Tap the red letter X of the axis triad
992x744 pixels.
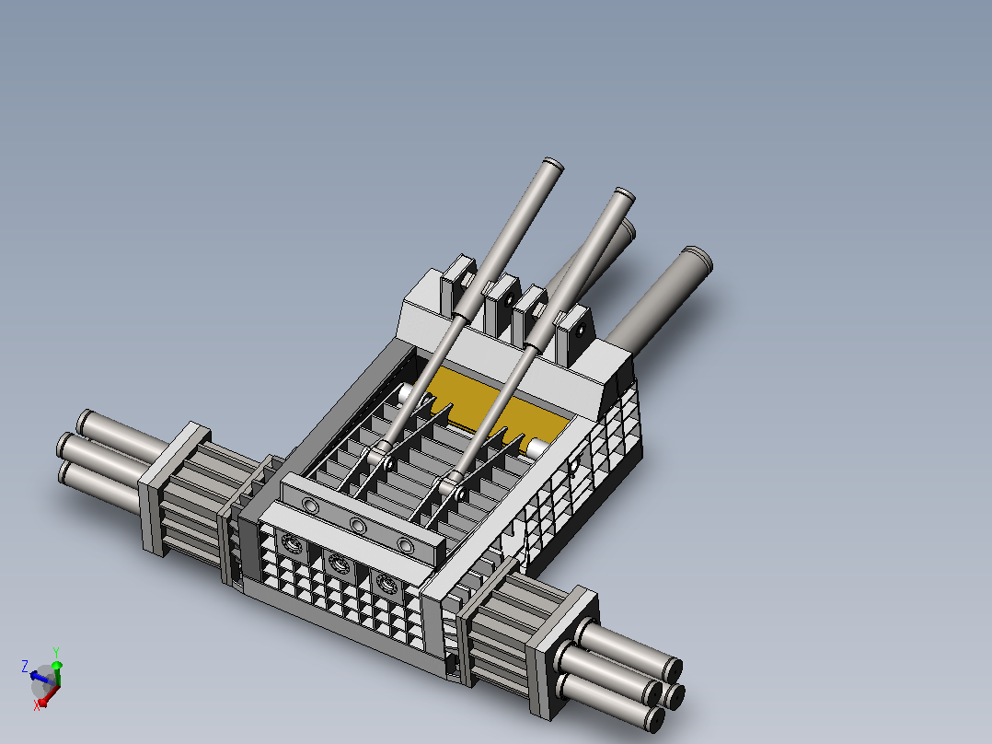[37, 705]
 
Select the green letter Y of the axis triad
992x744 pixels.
[56, 652]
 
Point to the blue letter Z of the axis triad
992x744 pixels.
[26, 666]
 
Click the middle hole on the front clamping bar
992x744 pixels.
[358, 526]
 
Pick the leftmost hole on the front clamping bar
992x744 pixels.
[311, 506]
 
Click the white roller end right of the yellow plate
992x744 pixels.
[536, 447]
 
